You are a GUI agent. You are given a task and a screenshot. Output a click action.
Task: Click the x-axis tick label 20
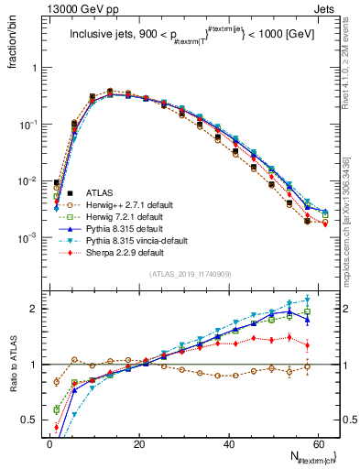pyautogui.click(x=140, y=443)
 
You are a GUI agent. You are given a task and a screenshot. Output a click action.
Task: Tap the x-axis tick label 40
pyautogui.click(x=230, y=443)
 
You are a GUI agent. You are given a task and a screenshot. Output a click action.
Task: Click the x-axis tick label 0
pyautogui.click(x=50, y=443)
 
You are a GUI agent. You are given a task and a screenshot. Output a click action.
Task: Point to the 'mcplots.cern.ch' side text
pyautogui.click(x=350, y=211)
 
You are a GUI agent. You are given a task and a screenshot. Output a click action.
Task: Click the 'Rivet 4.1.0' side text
pyautogui.click(x=350, y=69)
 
